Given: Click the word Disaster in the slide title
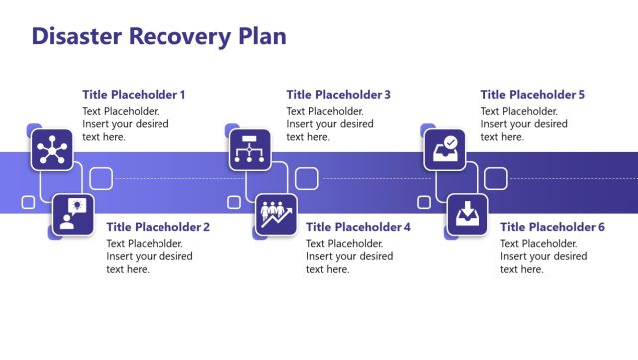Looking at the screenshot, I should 75,36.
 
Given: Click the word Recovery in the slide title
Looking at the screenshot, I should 175,36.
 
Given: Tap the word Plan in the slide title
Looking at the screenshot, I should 261,36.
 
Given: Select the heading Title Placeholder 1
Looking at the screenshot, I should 134,95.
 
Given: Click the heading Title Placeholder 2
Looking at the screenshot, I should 158,227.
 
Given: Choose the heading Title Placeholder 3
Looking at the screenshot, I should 338,95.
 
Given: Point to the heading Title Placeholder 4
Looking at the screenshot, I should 358,227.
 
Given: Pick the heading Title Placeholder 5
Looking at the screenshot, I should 532,95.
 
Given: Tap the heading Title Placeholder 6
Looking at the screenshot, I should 552,227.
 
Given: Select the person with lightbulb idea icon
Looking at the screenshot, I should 73,215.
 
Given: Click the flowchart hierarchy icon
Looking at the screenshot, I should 248,150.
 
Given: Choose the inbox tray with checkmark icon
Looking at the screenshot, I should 445,150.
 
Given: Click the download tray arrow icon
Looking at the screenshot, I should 467,215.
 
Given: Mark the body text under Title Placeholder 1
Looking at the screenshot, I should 126,124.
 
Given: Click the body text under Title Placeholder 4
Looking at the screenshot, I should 349,256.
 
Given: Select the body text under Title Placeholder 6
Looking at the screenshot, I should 543,256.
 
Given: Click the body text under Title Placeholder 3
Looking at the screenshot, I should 330,124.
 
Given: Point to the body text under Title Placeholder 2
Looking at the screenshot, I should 150,256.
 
